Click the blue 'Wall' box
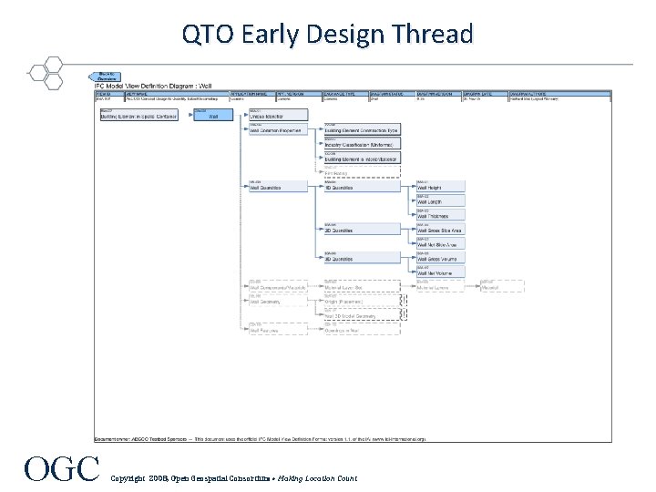click(212, 115)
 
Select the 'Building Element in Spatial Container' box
click(138, 115)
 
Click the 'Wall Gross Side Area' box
click(440, 230)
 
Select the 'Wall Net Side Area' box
click(440, 243)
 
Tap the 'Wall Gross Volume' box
click(440, 258)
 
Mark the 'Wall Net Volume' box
click(440, 272)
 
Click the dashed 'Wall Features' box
click(278, 329)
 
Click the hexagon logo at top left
click(44, 73)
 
